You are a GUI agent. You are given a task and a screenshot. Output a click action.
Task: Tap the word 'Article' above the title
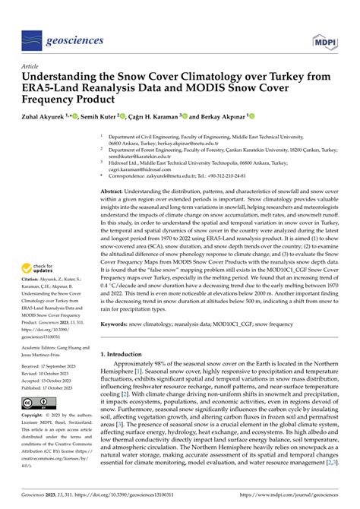(x=31, y=66)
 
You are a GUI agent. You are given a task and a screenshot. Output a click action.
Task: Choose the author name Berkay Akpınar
(x=220, y=118)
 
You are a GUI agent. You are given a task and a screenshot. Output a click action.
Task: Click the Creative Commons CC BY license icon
(x=36, y=403)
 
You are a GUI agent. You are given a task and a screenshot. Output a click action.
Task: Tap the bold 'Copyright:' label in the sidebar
(x=35, y=417)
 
